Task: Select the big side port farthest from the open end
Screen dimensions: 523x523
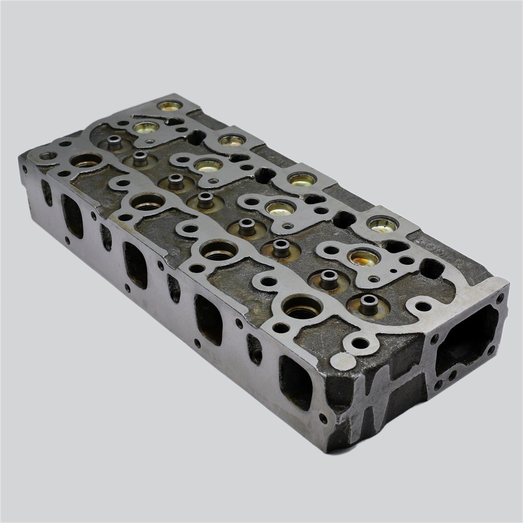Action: tap(72, 216)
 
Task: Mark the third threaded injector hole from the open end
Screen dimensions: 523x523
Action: tap(148, 203)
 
